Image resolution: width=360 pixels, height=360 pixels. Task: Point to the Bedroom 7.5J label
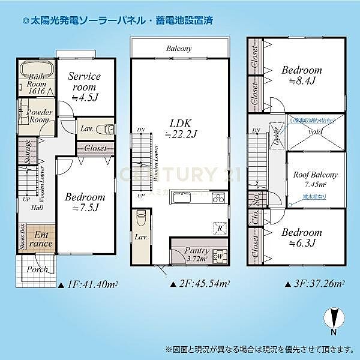coord(85,202)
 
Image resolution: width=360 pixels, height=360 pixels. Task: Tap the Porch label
coord(38,269)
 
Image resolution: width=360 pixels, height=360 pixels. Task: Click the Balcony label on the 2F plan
coord(179,48)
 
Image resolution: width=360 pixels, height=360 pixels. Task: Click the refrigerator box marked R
coord(220,229)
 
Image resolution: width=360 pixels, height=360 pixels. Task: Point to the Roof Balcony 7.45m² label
coord(315,179)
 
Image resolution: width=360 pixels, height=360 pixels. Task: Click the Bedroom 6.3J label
coord(302,237)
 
